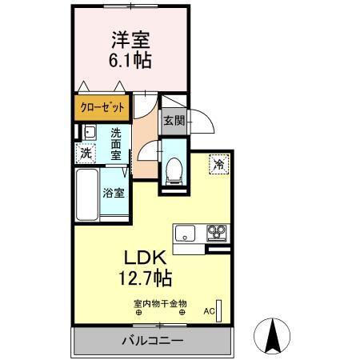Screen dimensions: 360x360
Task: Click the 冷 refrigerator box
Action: [218, 164]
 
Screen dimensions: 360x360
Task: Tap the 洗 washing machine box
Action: [85, 152]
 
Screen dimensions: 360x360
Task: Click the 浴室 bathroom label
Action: [113, 192]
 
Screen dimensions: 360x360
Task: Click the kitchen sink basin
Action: [185, 234]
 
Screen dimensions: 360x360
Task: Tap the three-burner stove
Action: [217, 234]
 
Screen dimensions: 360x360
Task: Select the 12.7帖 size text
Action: [143, 279]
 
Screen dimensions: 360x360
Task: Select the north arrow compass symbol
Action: [271, 334]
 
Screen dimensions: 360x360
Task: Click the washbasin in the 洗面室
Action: [90, 133]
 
